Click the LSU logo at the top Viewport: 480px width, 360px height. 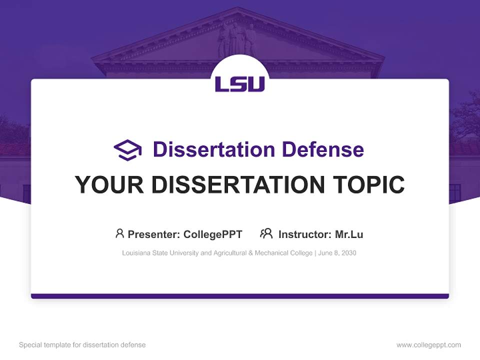pyautogui.click(x=240, y=84)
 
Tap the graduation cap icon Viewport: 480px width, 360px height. pyautogui.click(x=127, y=150)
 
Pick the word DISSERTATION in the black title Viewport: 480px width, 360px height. pyautogui.click(x=238, y=184)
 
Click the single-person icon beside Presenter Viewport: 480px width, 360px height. pyautogui.click(x=119, y=233)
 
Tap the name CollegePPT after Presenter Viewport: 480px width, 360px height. pyautogui.click(x=213, y=234)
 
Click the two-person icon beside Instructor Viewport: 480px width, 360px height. pyautogui.click(x=266, y=233)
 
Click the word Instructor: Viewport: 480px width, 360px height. pyautogui.click(x=304, y=234)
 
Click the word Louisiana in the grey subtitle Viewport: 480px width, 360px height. pyautogui.click(x=135, y=253)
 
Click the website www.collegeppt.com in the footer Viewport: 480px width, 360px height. pyautogui.click(x=428, y=345)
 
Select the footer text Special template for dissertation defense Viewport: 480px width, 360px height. pyautogui.click(x=82, y=345)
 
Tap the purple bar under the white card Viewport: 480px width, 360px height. pyautogui.click(x=240, y=296)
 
